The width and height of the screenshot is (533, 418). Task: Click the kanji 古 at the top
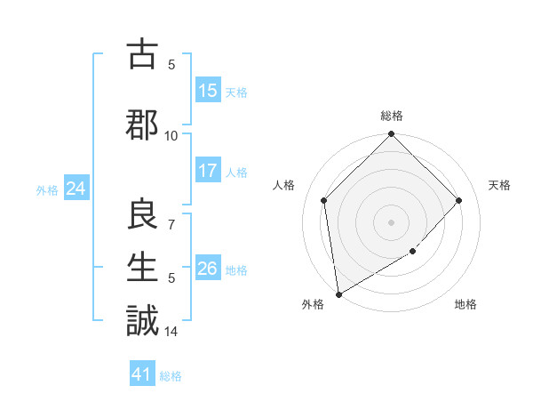(x=142, y=55)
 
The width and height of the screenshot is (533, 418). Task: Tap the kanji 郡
(x=142, y=125)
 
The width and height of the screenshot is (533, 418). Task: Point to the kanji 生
(x=142, y=266)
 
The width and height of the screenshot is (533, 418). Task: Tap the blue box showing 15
(x=208, y=91)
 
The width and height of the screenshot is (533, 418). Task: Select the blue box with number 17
(x=208, y=172)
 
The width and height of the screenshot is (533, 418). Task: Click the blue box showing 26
(x=208, y=269)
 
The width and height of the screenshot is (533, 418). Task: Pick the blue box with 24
(x=76, y=189)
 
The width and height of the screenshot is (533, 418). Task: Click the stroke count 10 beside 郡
(x=171, y=135)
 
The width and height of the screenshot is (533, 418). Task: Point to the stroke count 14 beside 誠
(x=171, y=332)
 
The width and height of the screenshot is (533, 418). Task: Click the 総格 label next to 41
(x=171, y=376)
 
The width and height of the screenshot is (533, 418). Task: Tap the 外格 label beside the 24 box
(x=47, y=189)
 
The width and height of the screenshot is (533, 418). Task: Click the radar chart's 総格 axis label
(x=392, y=117)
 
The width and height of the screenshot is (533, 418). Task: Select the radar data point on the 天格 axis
(x=459, y=200)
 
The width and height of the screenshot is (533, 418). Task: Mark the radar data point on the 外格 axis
(x=338, y=294)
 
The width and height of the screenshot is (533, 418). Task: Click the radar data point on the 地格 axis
(x=412, y=252)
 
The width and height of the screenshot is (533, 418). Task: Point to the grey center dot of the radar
(x=392, y=222)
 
